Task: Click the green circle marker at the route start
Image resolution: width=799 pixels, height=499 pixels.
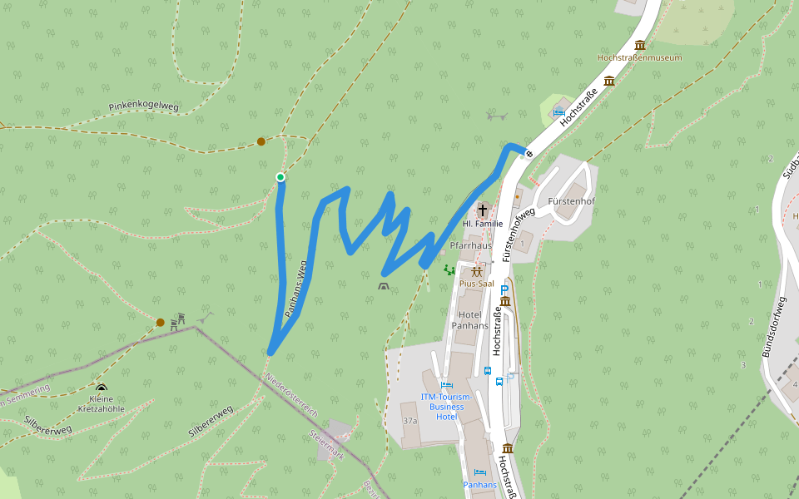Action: [280, 177]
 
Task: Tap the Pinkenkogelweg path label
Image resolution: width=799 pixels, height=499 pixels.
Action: [143, 107]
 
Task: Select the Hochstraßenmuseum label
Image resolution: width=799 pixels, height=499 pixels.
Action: [639, 58]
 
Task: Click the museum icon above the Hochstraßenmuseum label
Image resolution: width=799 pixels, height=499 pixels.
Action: [640, 45]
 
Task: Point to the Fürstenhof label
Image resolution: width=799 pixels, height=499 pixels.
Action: [571, 202]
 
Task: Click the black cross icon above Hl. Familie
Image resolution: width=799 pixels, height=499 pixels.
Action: [483, 210]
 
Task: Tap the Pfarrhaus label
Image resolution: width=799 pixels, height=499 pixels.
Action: [470, 246]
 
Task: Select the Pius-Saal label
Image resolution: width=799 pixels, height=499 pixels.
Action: [477, 284]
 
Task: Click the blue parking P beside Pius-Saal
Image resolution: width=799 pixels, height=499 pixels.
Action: [504, 289]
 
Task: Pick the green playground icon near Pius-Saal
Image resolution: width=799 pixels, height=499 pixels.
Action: [449, 269]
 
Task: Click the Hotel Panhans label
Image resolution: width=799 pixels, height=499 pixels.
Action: [470, 320]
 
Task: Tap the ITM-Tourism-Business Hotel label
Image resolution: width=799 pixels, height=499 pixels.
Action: [446, 407]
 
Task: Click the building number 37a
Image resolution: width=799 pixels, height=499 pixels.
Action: [409, 422]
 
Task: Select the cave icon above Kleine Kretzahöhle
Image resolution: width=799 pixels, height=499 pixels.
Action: [102, 388]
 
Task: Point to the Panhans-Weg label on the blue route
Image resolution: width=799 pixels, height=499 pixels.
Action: [296, 289]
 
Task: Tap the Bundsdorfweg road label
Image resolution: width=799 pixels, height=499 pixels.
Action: [774, 326]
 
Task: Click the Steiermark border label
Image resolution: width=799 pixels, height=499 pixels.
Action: [326, 446]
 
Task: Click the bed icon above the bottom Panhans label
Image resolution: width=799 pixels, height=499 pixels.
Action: [479, 472]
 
